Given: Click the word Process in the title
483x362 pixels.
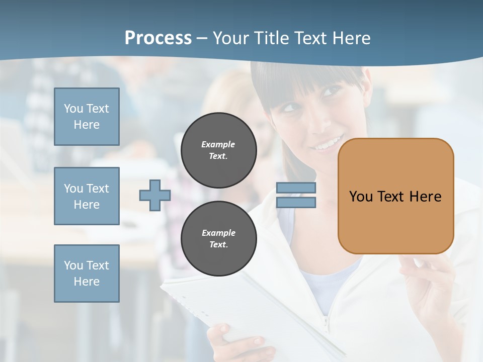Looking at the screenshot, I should tap(158, 38).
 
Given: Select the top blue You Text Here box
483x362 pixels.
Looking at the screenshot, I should tap(87, 117).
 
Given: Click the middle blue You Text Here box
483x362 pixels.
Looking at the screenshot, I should tap(87, 196).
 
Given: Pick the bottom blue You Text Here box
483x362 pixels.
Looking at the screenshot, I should tap(87, 274).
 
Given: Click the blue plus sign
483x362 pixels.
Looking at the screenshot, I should tap(154, 195).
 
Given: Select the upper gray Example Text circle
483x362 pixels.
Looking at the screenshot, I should tap(218, 150).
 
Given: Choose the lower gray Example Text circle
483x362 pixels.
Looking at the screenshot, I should tap(218, 239).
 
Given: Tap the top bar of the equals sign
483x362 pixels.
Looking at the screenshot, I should tap(296, 188).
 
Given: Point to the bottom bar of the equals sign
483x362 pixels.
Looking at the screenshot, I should tap(296, 202).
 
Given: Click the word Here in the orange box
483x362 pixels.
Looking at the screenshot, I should tap(425, 197).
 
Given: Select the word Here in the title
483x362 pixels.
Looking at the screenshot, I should tap(352, 38).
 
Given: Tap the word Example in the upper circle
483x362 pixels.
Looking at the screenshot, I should tap(218, 144).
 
